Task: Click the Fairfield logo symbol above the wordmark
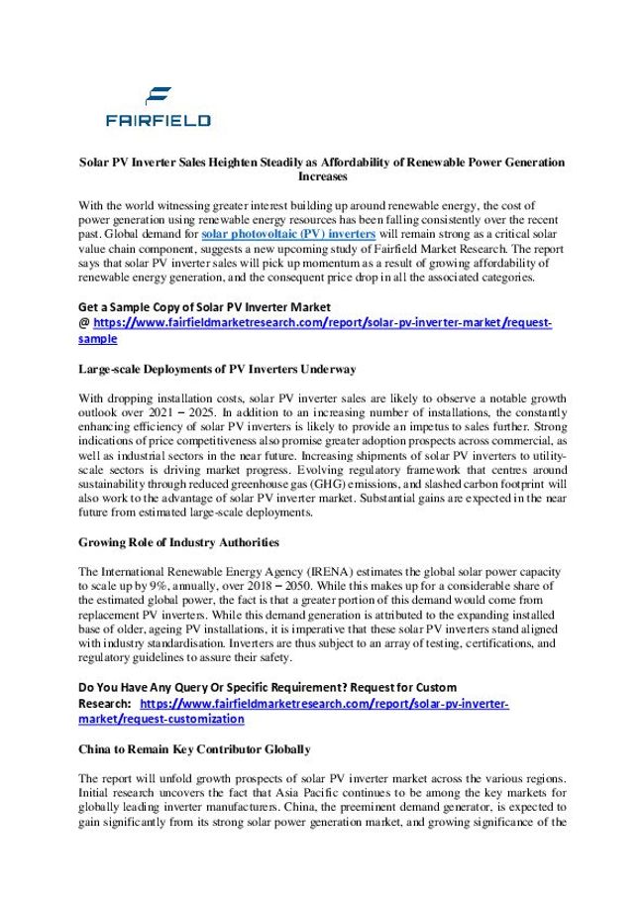coord(159,96)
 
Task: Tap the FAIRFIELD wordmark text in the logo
coord(159,121)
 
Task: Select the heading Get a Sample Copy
coord(203,306)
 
